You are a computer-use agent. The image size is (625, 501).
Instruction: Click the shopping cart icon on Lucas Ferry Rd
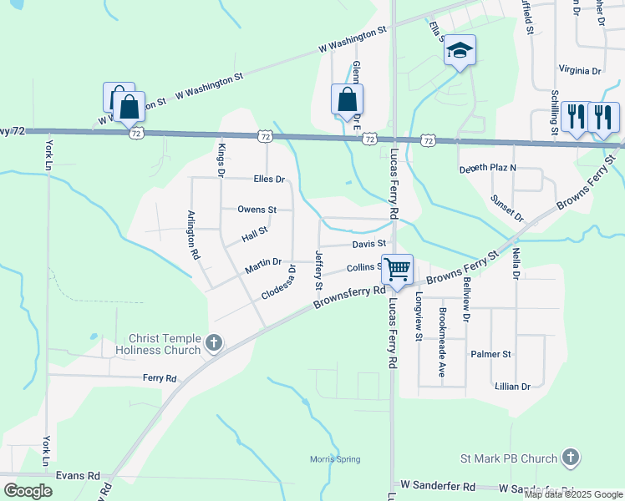[398, 269]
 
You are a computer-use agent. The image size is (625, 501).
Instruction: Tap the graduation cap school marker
[459, 50]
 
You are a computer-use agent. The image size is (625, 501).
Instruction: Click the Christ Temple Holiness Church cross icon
[214, 343]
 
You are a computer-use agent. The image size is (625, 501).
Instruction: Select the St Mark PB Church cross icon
[570, 458]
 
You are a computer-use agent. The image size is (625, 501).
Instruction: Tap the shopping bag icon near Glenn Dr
[347, 99]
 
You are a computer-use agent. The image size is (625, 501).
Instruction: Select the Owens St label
[257, 210]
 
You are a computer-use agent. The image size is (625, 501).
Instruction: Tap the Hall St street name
[254, 235]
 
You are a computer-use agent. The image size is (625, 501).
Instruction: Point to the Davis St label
[368, 244]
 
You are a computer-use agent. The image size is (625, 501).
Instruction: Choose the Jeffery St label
[318, 269]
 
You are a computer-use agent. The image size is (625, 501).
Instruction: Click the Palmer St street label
[490, 354]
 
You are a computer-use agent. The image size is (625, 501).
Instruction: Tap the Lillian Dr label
[512, 387]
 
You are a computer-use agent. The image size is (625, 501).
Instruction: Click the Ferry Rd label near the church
[159, 378]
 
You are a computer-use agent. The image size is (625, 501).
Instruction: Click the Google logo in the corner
[28, 491]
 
